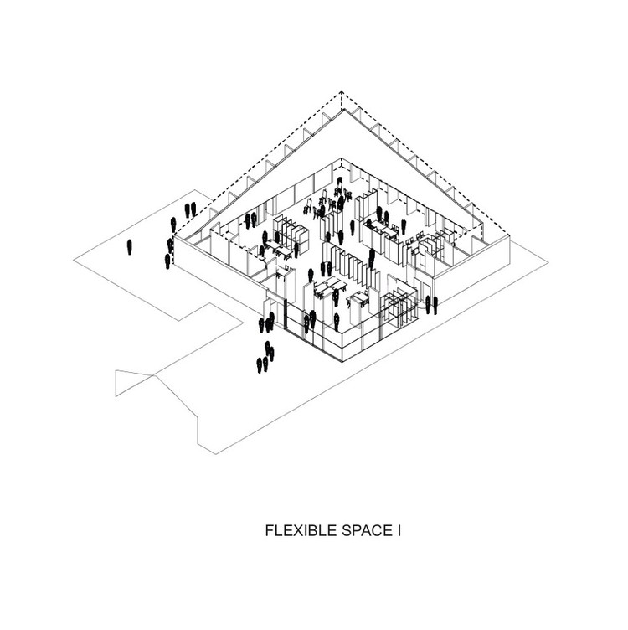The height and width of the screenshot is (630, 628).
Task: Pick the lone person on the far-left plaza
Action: pos(129,247)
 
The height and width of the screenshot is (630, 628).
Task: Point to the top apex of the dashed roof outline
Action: pos(340,93)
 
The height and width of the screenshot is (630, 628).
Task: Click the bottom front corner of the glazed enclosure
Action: pos(340,361)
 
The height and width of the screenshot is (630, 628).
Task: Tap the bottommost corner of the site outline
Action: pos(216,453)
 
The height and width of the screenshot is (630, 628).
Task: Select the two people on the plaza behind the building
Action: pos(190,209)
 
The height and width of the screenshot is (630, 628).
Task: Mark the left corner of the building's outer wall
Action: pos(172,249)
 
